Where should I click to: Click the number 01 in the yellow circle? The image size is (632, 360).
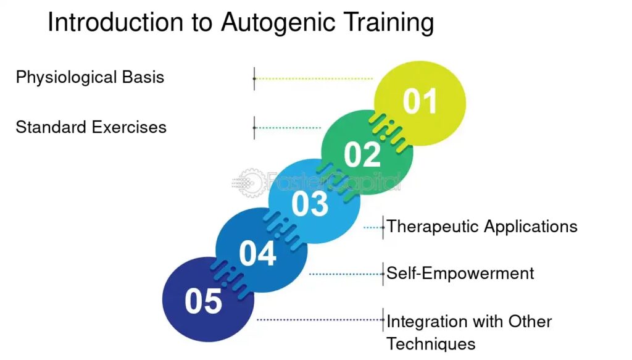tap(420, 102)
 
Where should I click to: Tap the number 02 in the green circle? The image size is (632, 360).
tap(362, 154)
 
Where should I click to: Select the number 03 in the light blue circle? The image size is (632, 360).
tap(310, 204)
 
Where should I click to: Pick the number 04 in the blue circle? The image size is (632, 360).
tap(257, 253)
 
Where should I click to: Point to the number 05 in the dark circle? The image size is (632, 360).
tap(203, 302)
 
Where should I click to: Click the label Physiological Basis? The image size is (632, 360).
tap(90, 78)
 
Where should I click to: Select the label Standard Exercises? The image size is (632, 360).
tap(91, 127)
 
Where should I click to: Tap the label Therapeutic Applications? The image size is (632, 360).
tap(482, 227)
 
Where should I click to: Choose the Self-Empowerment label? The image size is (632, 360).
tap(460, 273)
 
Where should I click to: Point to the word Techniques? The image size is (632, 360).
tap(431, 344)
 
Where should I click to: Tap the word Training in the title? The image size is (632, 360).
tap(388, 23)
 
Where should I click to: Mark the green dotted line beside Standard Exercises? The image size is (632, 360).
tap(288, 128)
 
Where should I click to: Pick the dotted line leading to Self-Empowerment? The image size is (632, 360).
tap(345, 274)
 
